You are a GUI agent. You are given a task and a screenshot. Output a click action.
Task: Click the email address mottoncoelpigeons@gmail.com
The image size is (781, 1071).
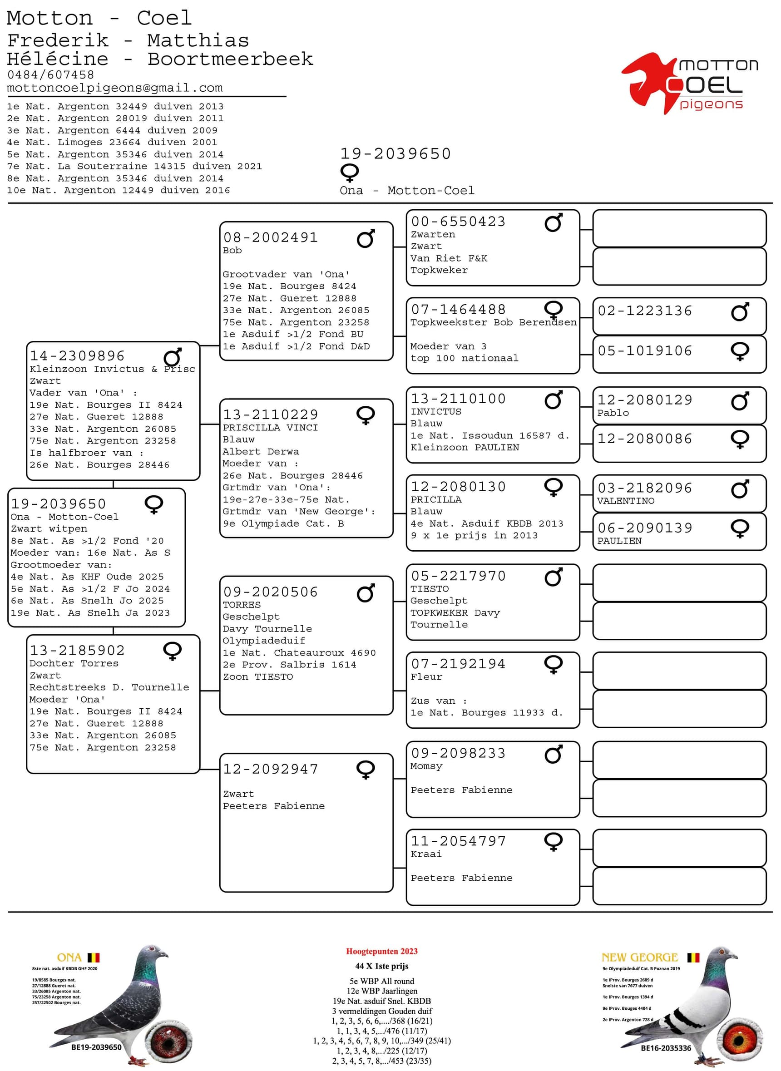pos(114,88)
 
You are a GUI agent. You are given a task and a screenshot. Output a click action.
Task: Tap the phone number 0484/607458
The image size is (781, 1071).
pos(50,74)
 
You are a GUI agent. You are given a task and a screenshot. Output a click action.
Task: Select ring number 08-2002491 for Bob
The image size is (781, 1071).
pos(271,237)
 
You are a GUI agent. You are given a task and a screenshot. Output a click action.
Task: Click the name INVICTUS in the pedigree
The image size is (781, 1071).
pos(435,412)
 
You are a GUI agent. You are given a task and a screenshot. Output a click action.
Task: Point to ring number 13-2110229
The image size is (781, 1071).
pos(271,415)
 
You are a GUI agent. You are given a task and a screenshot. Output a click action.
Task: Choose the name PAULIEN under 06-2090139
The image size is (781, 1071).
pos(619,541)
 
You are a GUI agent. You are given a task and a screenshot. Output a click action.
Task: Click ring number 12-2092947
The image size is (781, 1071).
pos(271,769)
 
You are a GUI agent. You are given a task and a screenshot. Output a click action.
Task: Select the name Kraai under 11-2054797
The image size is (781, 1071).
pos(426,854)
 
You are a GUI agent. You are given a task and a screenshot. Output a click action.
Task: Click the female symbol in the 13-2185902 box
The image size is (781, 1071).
pos(172,651)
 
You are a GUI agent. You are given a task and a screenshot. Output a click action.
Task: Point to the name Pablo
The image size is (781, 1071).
pos(613,413)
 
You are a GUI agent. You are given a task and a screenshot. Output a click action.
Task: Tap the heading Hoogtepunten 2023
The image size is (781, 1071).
pos(381,952)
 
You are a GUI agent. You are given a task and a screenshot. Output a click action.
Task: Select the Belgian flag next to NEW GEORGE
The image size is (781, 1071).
pos(692,957)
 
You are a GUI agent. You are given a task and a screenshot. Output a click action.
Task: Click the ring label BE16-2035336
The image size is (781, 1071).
pos(666,1048)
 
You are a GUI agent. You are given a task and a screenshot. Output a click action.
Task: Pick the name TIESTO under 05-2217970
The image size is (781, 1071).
pos(429,589)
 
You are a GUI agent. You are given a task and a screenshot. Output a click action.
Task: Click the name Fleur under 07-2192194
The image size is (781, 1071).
pos(426,677)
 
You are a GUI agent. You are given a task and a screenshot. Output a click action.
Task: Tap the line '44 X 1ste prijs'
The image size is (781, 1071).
pos(381,966)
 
